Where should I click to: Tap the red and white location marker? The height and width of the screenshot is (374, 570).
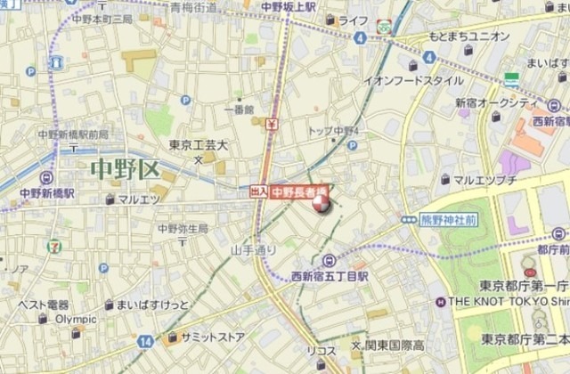click(321, 203)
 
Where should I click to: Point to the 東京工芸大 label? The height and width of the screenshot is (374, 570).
click(199, 144)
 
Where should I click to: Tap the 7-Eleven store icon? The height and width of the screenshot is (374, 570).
click(56, 240)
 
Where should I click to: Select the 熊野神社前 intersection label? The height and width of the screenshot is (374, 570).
click(448, 218)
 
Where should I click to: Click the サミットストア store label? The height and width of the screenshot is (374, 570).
click(211, 337)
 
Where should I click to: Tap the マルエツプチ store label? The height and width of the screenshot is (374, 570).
click(485, 180)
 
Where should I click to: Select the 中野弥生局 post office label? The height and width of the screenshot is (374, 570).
click(183, 229)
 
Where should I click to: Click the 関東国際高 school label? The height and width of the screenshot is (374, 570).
click(391, 344)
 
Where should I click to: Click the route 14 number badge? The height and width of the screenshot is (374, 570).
click(145, 340)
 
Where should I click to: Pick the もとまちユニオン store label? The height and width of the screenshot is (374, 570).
click(470, 37)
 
